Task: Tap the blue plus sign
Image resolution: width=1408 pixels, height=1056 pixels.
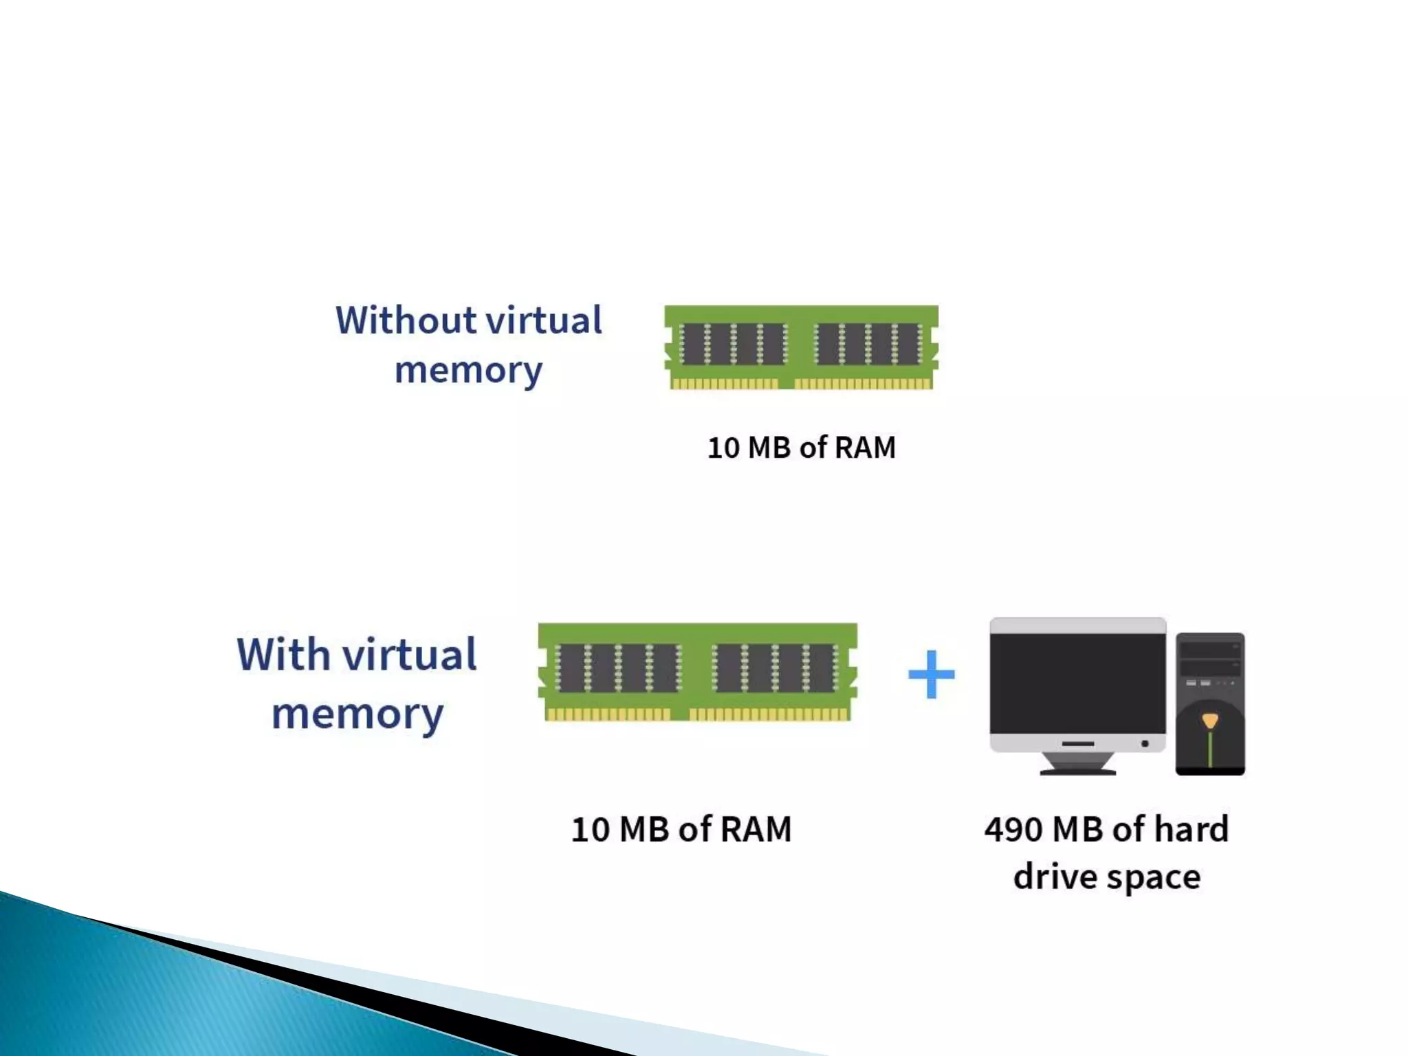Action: point(931,674)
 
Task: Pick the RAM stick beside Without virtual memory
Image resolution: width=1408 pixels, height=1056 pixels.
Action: point(801,347)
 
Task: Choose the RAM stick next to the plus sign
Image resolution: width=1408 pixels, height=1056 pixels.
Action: point(697,672)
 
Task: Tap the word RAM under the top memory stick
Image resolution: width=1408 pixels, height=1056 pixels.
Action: point(865,448)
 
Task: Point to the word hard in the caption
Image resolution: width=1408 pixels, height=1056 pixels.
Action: point(1191,830)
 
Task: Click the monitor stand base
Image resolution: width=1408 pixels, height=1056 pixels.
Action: point(1077,770)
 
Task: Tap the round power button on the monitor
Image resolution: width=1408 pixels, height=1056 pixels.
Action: point(1145,744)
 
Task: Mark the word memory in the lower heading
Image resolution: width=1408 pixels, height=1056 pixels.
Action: point(357,715)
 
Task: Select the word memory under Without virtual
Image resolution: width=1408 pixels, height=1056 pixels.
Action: point(468,371)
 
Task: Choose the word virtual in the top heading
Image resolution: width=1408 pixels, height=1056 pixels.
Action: point(544,320)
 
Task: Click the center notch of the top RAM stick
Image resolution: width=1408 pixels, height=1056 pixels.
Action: point(786,383)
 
